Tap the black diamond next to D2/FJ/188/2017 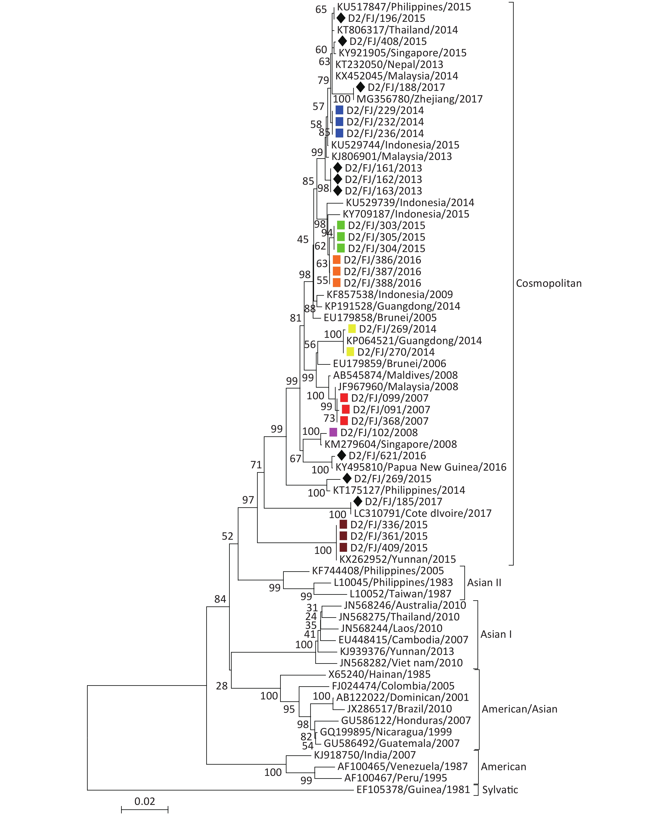pyautogui.click(x=360, y=87)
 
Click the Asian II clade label pyautogui.click(x=484, y=583)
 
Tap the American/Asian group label pyautogui.click(x=519, y=709)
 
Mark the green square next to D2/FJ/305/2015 pyautogui.click(x=341, y=237)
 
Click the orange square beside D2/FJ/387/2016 pyautogui.click(x=337, y=271)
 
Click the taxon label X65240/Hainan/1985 pyautogui.click(x=379, y=674)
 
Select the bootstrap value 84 pyautogui.click(x=220, y=599)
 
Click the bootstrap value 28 pyautogui.click(x=222, y=686)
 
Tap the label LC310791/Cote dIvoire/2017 pyautogui.click(x=423, y=513)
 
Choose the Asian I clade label pyautogui.click(x=496, y=634)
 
